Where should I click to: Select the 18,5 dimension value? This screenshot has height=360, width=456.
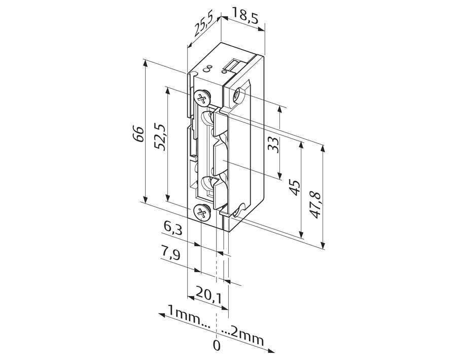(245, 16)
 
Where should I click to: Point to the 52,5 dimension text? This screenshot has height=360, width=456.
(160, 137)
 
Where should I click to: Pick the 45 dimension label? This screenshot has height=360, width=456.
(295, 187)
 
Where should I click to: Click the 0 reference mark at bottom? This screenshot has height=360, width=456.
(217, 346)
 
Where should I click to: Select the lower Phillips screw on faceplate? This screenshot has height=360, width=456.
(201, 211)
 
